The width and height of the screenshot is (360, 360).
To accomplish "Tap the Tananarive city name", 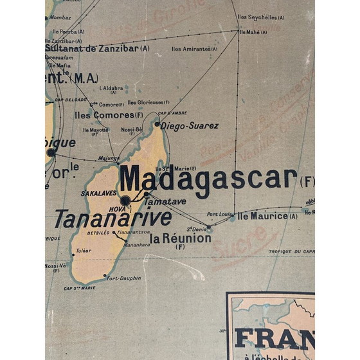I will (x=113, y=219).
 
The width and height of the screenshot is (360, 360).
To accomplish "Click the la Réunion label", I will (x=180, y=239).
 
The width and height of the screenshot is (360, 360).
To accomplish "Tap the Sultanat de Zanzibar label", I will (x=96, y=48).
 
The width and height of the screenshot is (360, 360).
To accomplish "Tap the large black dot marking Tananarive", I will (x=125, y=201).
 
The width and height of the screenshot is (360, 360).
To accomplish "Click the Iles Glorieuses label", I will (x=148, y=102).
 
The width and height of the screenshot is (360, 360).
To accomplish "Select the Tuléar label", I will (x=84, y=251).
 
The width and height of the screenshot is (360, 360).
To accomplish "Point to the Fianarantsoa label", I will (x=119, y=232).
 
